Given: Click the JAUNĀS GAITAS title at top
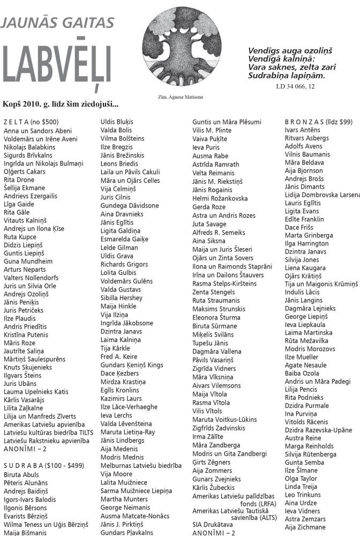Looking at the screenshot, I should point(58,22).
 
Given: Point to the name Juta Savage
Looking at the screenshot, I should point(209,224).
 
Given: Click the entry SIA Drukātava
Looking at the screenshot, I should point(213,525).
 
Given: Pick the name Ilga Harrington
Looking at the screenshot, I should point(307,243).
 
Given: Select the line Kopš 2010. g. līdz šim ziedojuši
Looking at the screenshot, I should point(61,104).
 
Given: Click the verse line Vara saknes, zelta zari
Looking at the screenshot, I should point(286,68).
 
